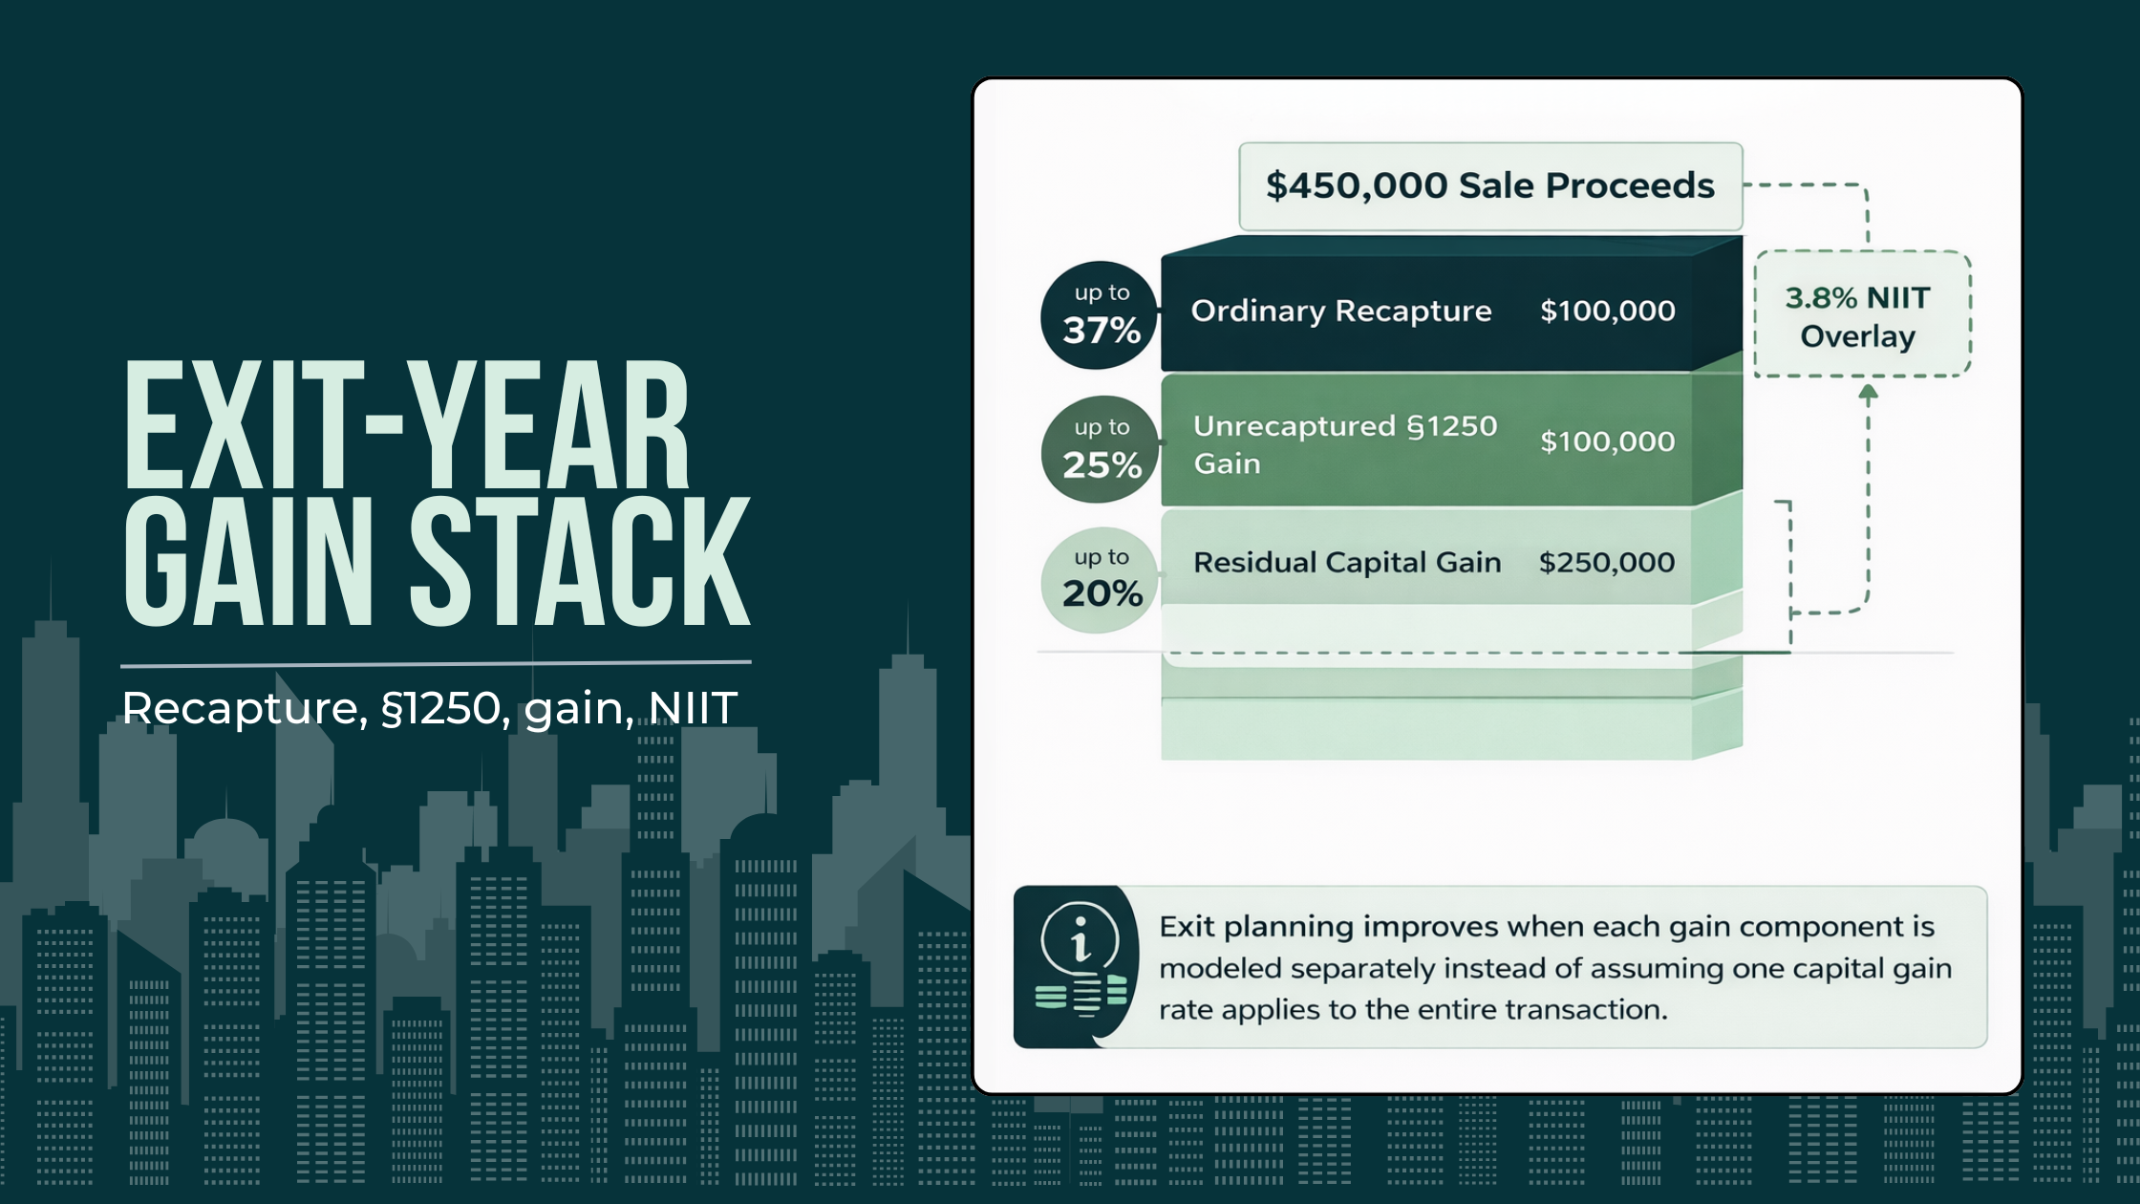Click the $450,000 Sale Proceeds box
pos(1490,185)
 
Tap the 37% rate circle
pos(1100,315)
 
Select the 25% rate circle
pos(1100,449)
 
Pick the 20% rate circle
pos(1100,579)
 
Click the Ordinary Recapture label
pos(1340,312)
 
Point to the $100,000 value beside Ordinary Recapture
pos(1607,312)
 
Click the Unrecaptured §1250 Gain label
pos(1344,444)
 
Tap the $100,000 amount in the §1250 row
pos(1607,441)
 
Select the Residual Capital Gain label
pos(1347,563)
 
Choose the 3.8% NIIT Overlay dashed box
pos(1862,315)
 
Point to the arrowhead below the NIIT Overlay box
pos(1868,391)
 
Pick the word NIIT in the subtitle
pos(692,709)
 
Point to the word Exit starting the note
pos(1188,927)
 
